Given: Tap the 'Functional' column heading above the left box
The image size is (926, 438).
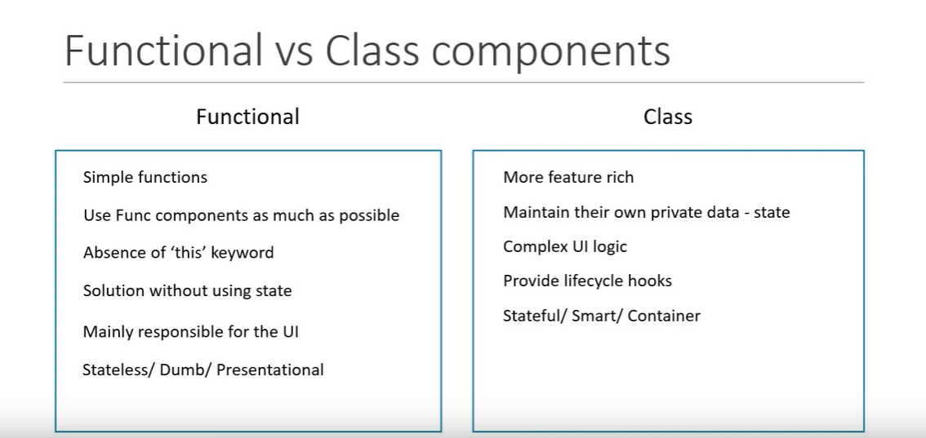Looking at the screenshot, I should coord(247,117).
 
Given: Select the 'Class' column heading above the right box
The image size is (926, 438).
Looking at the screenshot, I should coord(667,117).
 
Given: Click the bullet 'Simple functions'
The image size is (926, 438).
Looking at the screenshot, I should coord(145,177).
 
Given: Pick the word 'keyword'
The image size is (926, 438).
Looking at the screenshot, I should coord(243,253).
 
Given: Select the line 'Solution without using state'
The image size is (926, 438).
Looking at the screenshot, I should coord(187,290).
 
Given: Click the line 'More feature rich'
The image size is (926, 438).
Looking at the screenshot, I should coord(568,177).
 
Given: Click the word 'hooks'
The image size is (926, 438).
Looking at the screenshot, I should coord(650,281).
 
